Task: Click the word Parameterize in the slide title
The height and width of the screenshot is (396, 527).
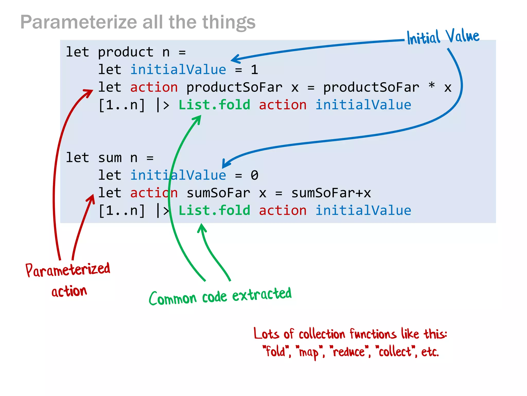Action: click(78, 22)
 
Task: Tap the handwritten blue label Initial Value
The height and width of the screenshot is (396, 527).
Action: click(443, 37)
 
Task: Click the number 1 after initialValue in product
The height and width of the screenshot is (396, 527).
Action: click(254, 70)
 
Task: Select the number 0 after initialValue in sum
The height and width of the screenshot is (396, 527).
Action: click(254, 175)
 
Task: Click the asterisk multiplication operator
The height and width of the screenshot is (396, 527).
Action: click(432, 86)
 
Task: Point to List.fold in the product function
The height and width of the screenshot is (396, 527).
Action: click(214, 105)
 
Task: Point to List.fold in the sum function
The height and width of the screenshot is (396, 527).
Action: click(214, 210)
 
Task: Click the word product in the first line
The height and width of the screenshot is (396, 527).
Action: click(126, 52)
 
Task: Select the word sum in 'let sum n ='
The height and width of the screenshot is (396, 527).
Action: click(110, 158)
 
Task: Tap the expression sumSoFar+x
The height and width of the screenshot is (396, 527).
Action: click(331, 193)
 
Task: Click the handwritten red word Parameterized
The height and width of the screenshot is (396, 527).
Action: click(68, 270)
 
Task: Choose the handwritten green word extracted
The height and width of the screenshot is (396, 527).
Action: click(262, 294)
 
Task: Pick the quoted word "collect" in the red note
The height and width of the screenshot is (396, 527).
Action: click(395, 352)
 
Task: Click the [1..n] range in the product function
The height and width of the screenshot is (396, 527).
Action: click(122, 105)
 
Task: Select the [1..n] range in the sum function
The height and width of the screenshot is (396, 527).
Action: click(122, 210)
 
